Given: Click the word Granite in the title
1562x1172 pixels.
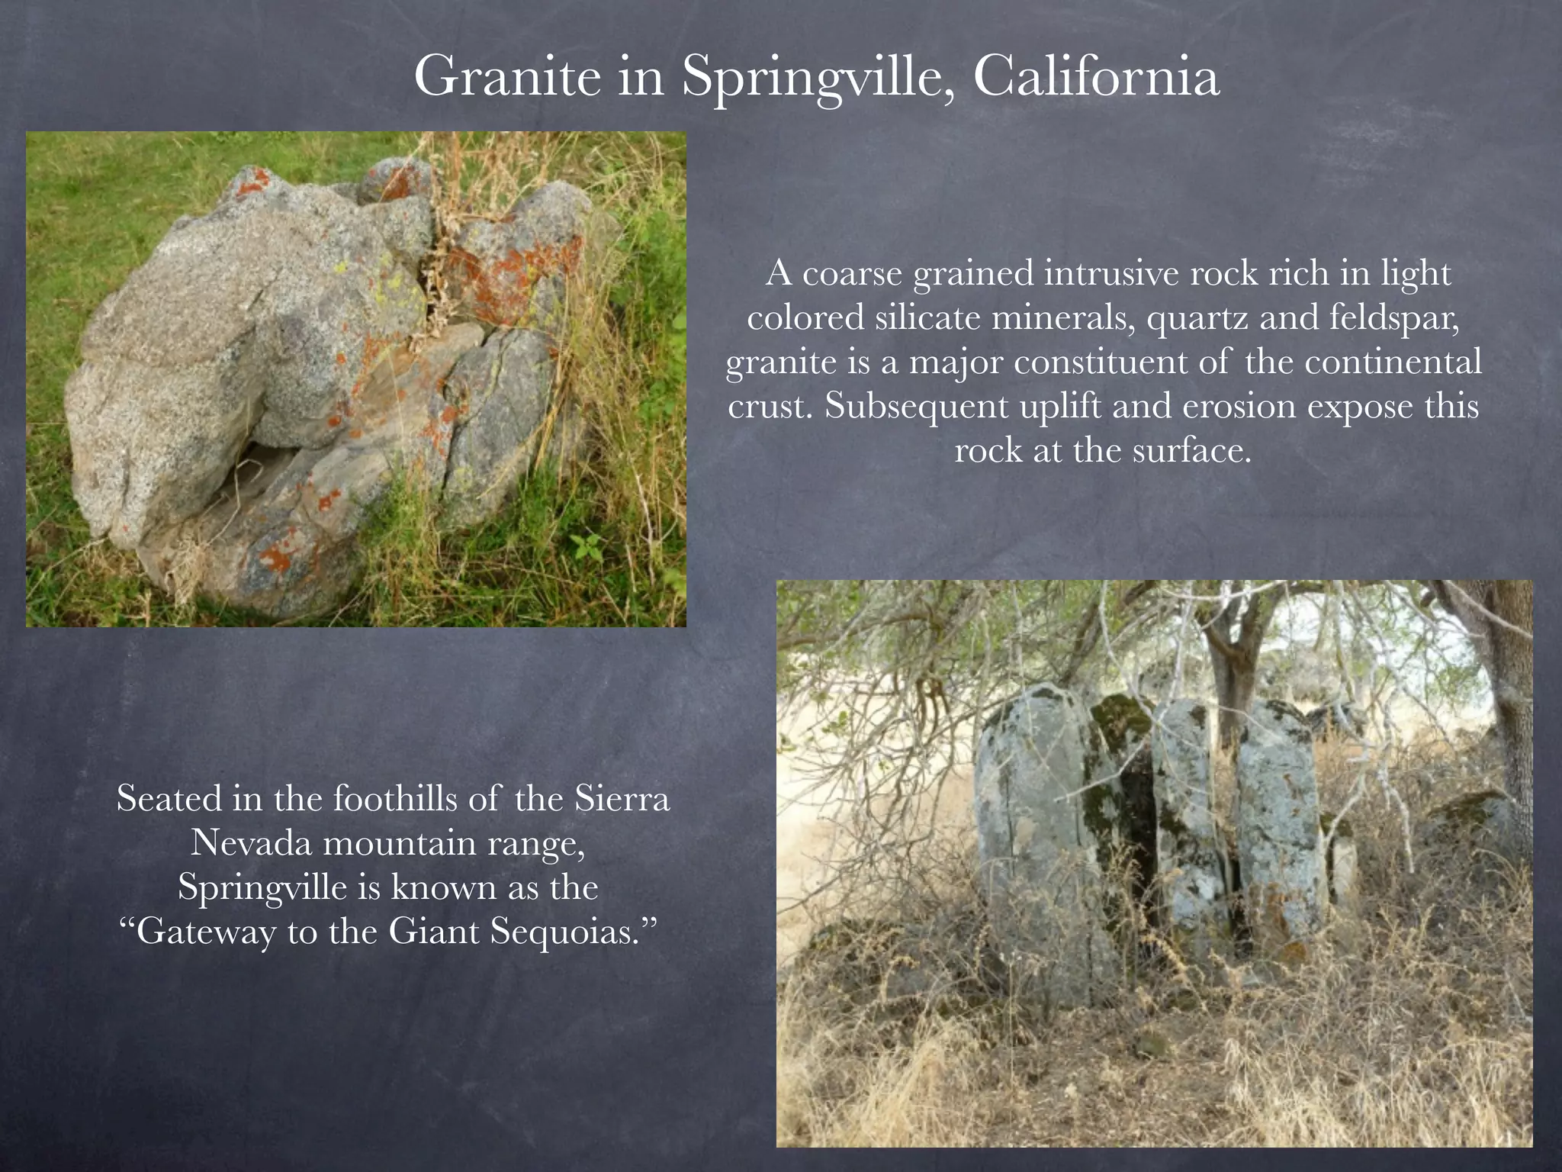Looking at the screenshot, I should [x=508, y=78].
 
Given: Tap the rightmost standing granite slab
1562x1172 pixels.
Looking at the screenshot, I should [x=1278, y=824].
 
